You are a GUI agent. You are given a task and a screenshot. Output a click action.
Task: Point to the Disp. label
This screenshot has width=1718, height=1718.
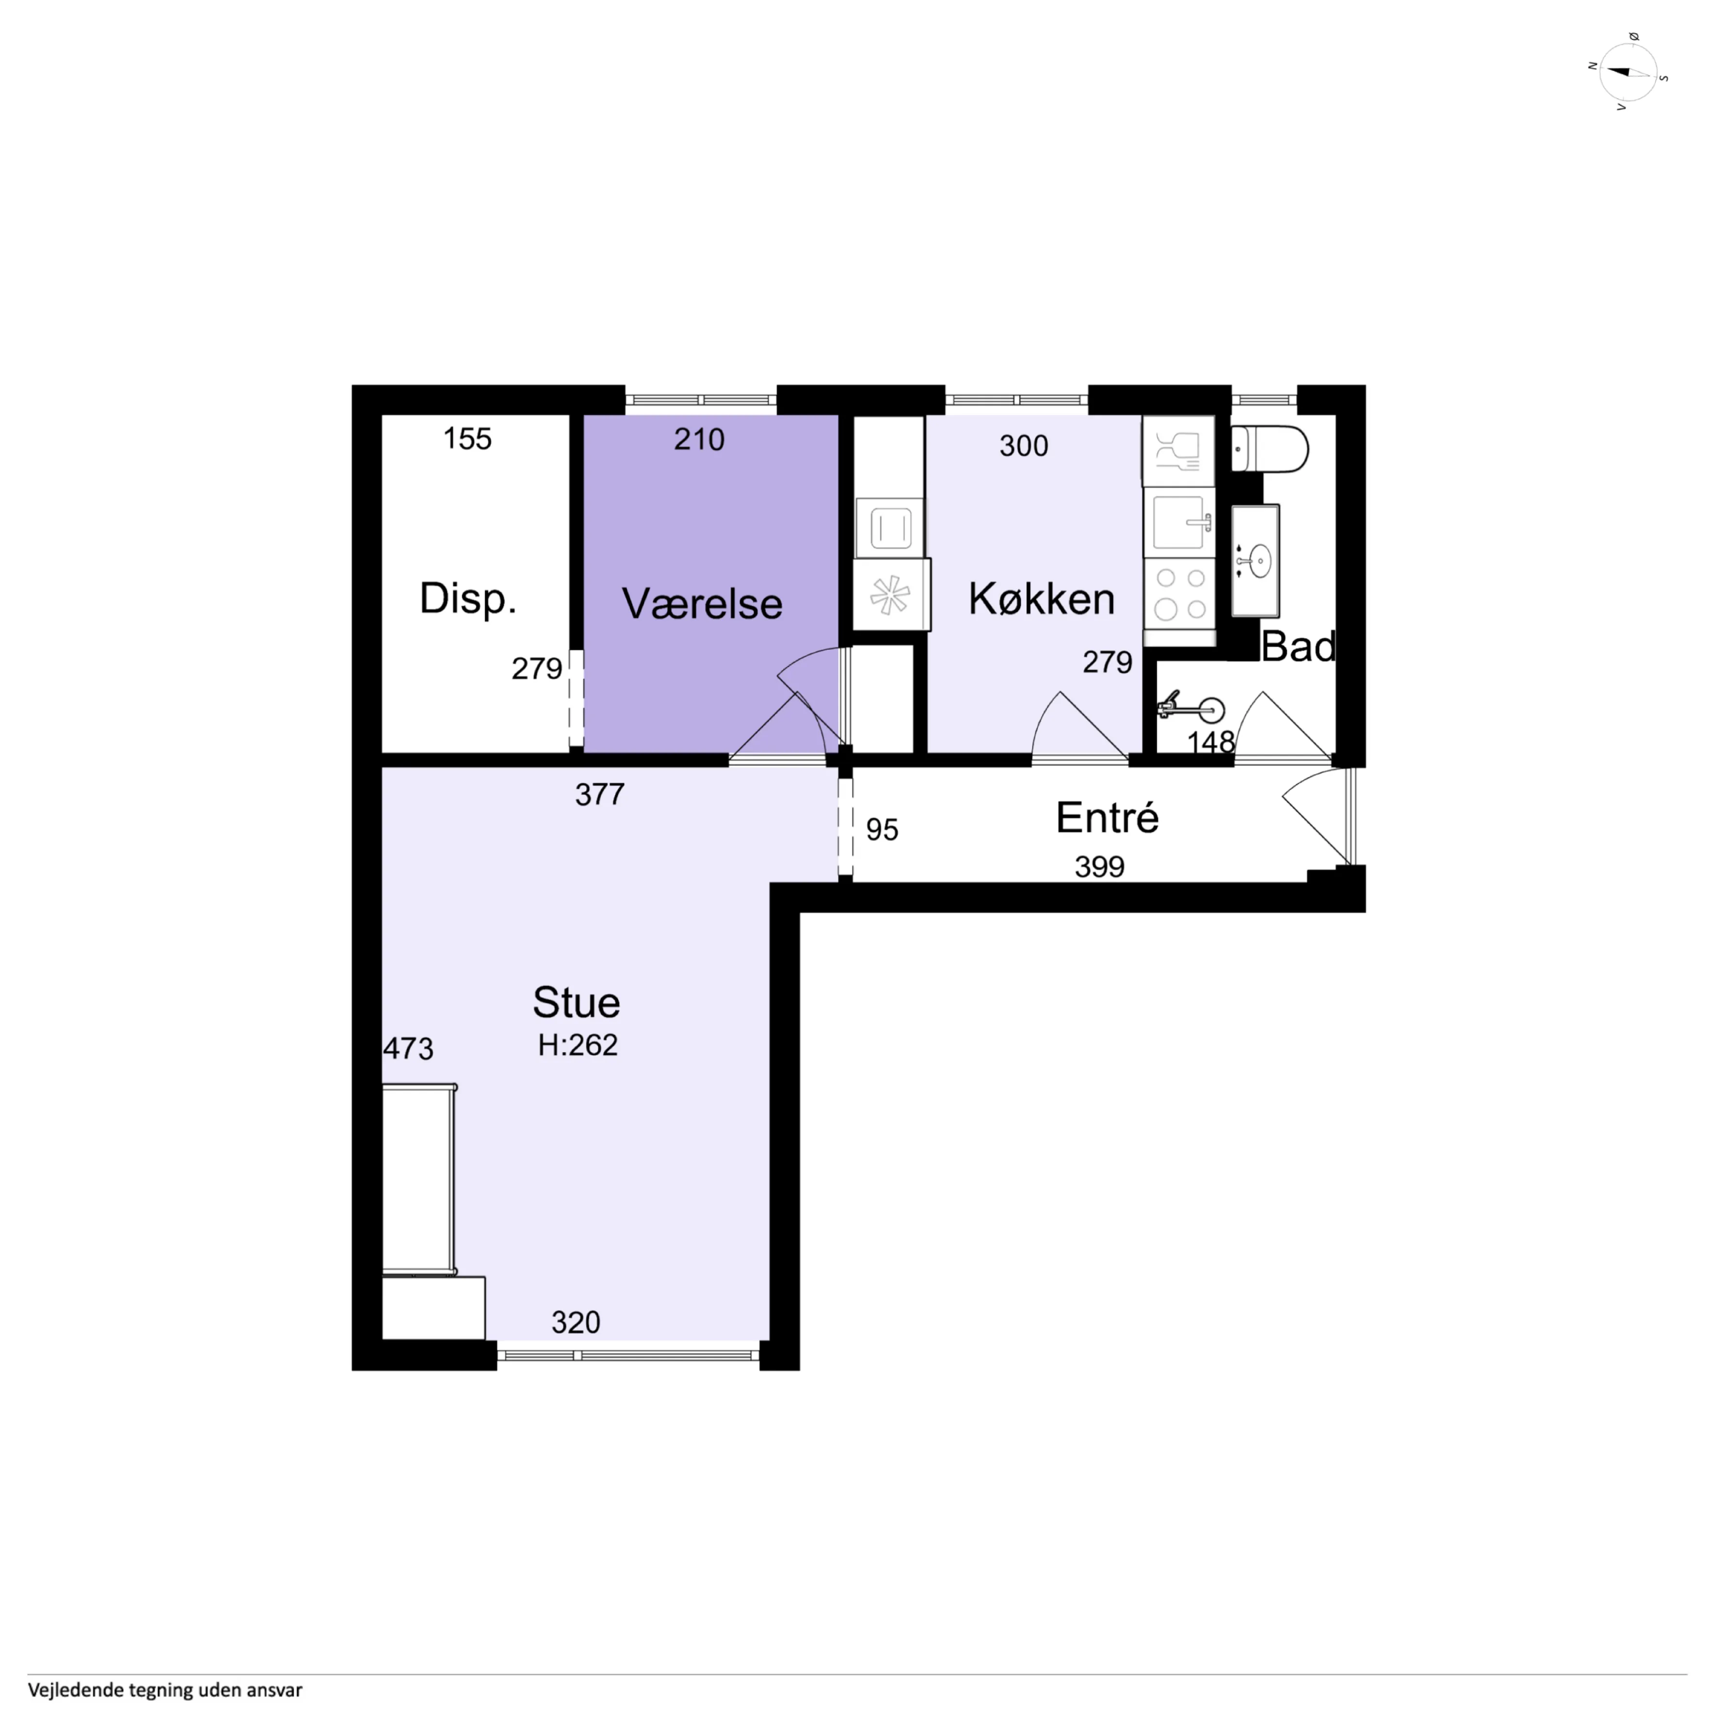click(x=468, y=598)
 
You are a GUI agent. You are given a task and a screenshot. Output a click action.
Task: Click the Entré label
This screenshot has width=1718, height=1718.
click(x=1107, y=817)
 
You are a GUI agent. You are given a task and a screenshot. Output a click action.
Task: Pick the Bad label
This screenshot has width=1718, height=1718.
click(x=1298, y=646)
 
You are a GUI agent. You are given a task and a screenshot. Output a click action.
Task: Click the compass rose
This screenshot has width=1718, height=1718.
click(x=1629, y=73)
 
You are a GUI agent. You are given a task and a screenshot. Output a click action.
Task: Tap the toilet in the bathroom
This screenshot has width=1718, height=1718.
click(x=1270, y=449)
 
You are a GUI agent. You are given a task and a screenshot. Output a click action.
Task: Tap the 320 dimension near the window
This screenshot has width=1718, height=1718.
click(x=576, y=1322)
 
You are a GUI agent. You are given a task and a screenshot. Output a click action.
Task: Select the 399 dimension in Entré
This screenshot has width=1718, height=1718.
click(x=1099, y=866)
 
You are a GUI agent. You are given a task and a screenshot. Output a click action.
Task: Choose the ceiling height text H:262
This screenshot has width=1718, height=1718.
click(x=577, y=1045)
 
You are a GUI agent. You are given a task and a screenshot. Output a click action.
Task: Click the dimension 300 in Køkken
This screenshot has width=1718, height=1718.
click(x=1024, y=446)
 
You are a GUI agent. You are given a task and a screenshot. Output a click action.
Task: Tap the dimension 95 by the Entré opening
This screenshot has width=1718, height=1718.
click(x=882, y=830)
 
